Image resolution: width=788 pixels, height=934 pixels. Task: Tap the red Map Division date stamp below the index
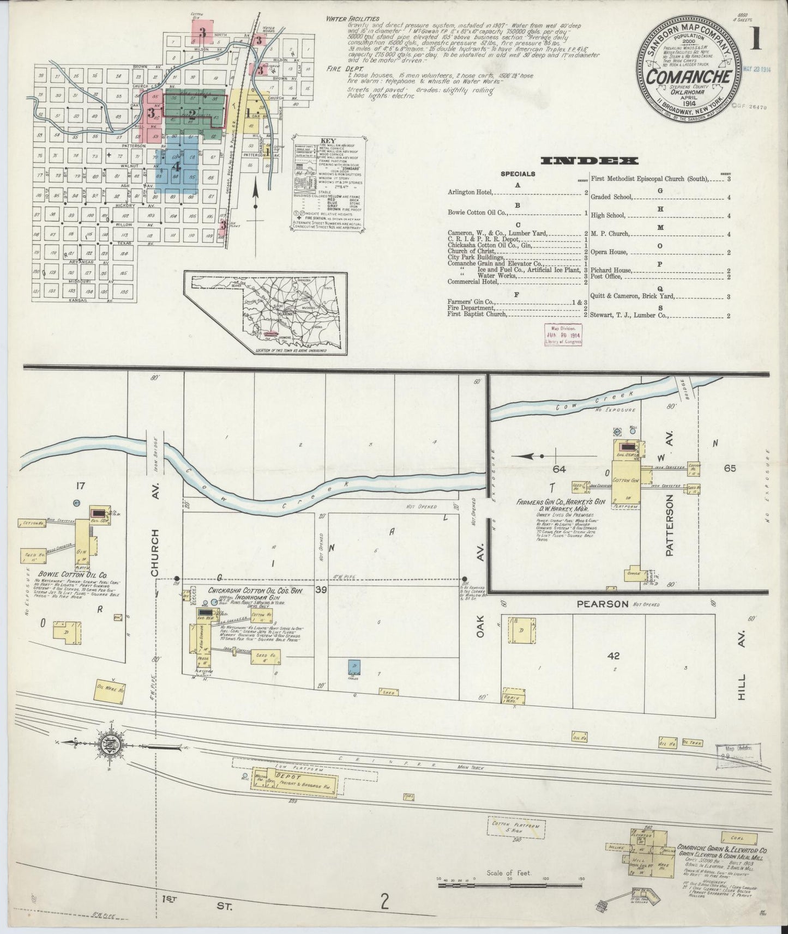[563, 333]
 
